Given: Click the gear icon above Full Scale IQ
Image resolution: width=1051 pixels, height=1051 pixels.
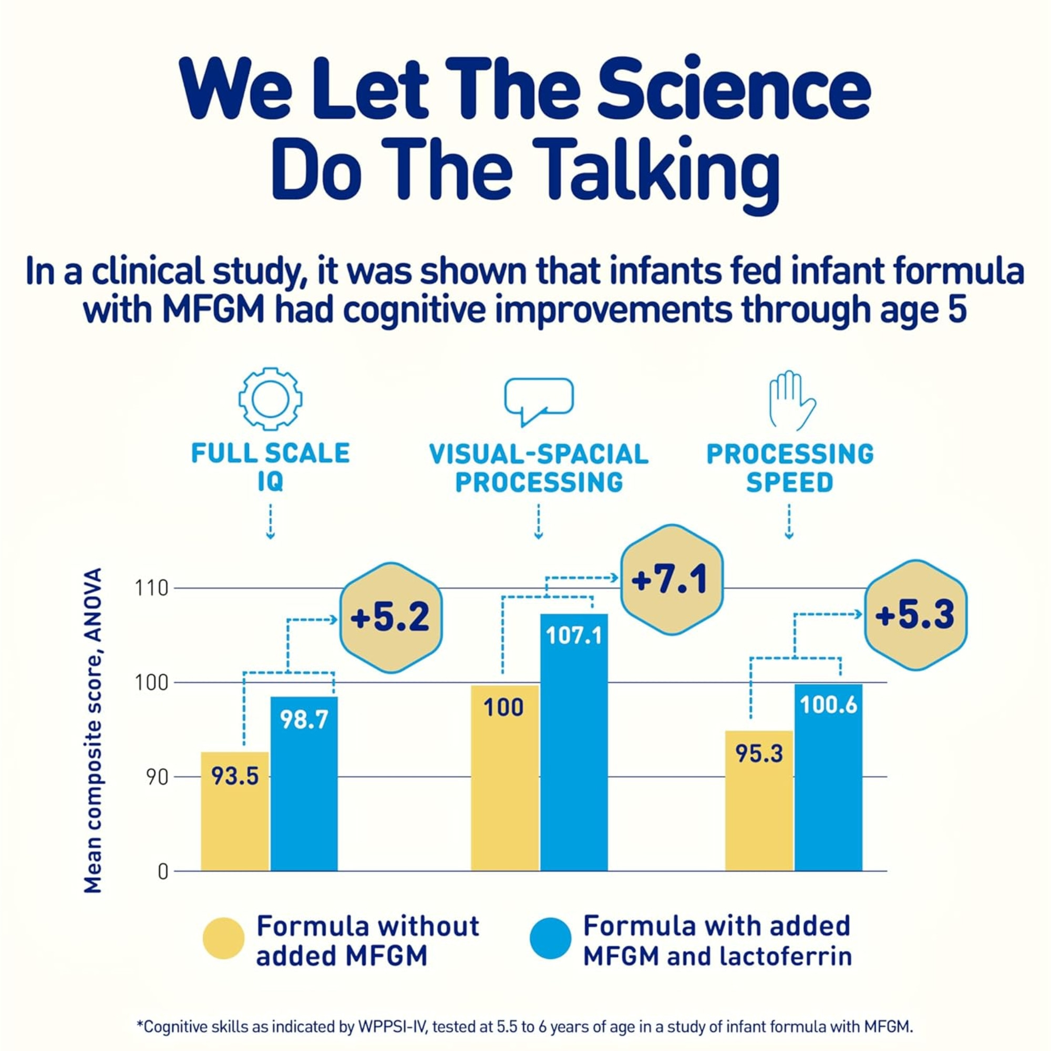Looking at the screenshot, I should (x=270, y=399).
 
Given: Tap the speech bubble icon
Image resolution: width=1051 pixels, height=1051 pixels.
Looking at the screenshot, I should (x=539, y=399).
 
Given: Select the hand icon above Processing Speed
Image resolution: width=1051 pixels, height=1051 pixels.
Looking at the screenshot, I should (x=790, y=400).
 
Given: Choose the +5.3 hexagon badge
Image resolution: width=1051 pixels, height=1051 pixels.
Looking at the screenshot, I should (x=915, y=615).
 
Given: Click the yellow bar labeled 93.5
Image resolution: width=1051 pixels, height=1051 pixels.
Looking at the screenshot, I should (x=234, y=810).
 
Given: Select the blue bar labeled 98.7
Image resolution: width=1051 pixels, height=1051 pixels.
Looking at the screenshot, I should (x=304, y=784).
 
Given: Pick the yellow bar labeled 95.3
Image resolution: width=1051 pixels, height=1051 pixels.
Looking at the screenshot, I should (x=759, y=800).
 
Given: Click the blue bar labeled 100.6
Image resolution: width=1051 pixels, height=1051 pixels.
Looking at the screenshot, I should (x=828, y=778).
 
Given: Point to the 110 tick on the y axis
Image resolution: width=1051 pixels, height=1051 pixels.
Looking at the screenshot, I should (x=152, y=589).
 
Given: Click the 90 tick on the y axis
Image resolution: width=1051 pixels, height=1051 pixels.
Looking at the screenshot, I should (x=157, y=777).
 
